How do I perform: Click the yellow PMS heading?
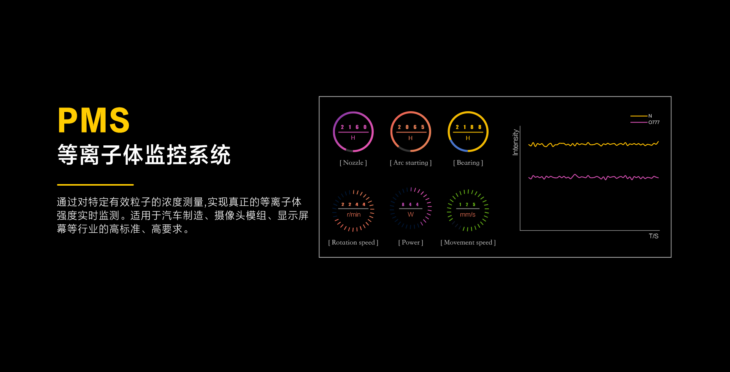(x=94, y=120)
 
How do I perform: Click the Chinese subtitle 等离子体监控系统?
(x=144, y=155)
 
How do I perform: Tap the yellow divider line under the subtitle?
(x=95, y=185)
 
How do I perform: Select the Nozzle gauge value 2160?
(x=354, y=127)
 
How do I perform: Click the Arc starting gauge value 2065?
(x=411, y=127)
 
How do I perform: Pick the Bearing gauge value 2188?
(x=468, y=127)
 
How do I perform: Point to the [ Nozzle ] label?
(x=353, y=163)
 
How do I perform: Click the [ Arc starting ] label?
(x=411, y=163)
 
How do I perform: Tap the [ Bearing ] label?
(x=468, y=163)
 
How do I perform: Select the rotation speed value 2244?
(x=353, y=204)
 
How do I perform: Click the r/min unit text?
(x=354, y=214)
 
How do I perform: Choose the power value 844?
(x=410, y=204)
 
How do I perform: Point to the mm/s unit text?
(x=468, y=214)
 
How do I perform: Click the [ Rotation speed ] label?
(x=353, y=243)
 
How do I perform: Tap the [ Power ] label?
(x=411, y=243)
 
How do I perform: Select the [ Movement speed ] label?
(x=468, y=243)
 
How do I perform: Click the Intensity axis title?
(x=516, y=142)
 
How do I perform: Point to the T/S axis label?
(x=654, y=236)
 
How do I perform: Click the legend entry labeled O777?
(x=645, y=122)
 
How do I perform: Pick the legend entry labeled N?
(x=641, y=116)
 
